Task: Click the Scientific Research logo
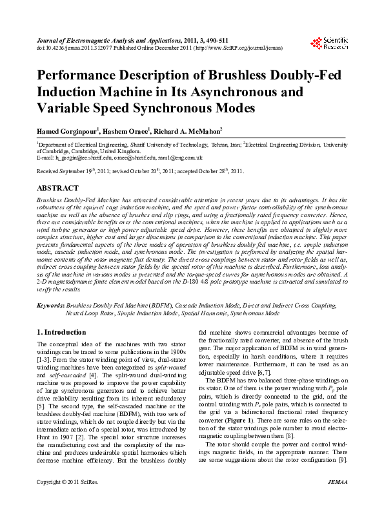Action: click(x=330, y=43)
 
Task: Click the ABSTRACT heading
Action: click(x=58, y=187)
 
